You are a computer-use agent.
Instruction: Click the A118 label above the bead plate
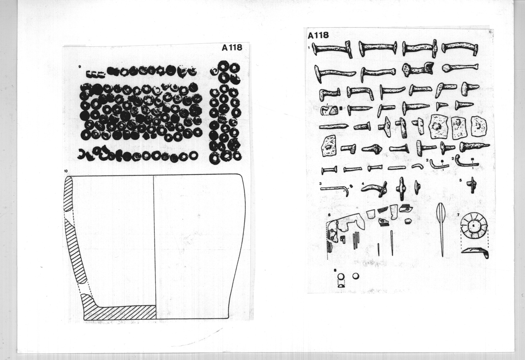pos(232,47)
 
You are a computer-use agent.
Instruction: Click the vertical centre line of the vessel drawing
pos(154,247)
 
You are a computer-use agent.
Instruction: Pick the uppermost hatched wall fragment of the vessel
pos(68,193)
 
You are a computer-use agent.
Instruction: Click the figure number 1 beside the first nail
pos(309,47)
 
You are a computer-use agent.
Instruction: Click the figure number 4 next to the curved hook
pos(363,183)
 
